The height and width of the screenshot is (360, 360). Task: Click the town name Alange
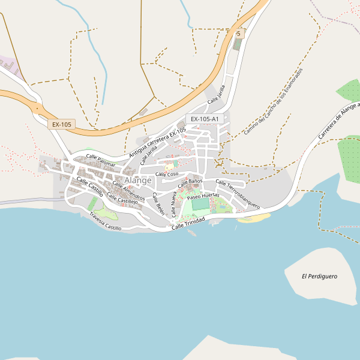(x=138, y=180)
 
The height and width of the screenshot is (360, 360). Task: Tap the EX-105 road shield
(x=61, y=124)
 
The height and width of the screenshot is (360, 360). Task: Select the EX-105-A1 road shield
(x=204, y=119)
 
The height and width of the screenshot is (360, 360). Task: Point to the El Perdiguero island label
(x=319, y=277)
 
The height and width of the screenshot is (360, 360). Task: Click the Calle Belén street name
(x=158, y=204)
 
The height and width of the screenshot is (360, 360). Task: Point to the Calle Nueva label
(x=174, y=204)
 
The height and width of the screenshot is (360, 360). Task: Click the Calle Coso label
(x=167, y=174)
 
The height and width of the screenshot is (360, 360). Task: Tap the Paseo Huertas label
(x=203, y=196)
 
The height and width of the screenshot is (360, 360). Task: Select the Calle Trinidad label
(x=188, y=223)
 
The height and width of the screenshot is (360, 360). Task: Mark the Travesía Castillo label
(x=105, y=221)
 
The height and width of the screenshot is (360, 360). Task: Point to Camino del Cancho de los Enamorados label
(x=273, y=101)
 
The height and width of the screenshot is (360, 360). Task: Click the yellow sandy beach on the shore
(x=249, y=218)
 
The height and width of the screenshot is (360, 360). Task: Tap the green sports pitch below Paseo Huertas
(x=200, y=205)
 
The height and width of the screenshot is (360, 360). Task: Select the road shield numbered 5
(x=238, y=34)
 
